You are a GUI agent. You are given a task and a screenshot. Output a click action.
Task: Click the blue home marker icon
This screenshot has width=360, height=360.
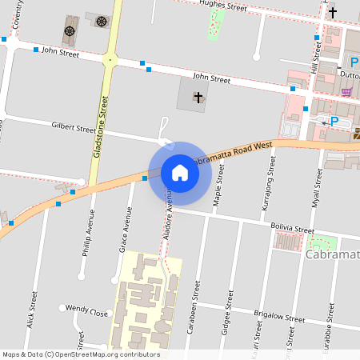click(179, 172)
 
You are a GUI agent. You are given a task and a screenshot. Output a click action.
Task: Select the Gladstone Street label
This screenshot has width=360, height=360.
click(101, 128)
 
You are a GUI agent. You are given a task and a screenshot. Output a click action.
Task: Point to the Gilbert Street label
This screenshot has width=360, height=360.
click(74, 127)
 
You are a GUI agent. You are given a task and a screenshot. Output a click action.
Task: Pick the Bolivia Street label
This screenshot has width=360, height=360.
click(293, 229)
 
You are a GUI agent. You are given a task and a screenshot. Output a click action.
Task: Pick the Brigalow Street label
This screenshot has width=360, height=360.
click(278, 318)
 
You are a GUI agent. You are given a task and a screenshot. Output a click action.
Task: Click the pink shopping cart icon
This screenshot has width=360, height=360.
click(346, 91)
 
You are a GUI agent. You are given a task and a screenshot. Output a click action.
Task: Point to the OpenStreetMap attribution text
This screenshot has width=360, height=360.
click(81, 354)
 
